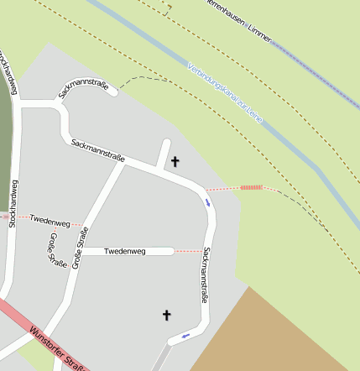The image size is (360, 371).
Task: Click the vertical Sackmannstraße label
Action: [205, 275]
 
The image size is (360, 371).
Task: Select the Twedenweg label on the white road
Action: [125, 251]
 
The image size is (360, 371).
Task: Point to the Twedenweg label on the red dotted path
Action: [50, 221]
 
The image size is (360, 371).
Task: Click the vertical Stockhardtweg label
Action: [13, 204]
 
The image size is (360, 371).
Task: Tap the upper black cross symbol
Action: [175, 161]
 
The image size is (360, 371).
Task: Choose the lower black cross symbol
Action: [166, 315]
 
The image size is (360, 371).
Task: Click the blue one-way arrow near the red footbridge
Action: [207, 201]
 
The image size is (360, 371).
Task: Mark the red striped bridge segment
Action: [251, 187]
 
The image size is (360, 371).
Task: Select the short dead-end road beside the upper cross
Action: [164, 154]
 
